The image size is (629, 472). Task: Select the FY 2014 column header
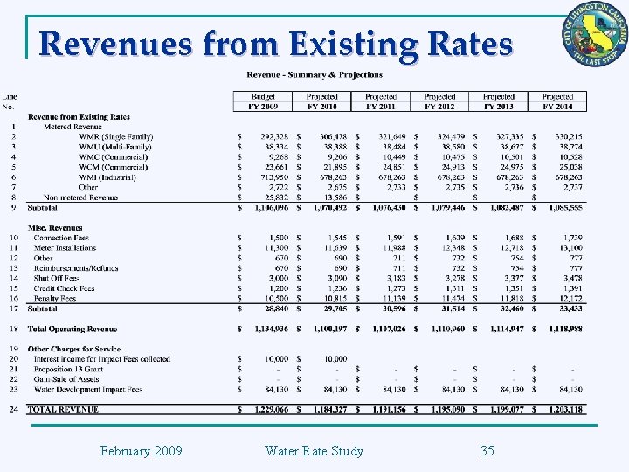[x=556, y=106]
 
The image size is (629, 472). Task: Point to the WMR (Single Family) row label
[x=115, y=137]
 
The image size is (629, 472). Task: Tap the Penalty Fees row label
[x=54, y=298]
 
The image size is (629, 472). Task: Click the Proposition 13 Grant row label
[x=68, y=369]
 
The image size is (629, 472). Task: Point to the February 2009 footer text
[x=141, y=451]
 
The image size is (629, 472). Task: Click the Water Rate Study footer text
[x=314, y=451]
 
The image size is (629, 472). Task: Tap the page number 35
[x=487, y=451]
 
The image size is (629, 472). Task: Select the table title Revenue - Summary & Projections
[x=314, y=75]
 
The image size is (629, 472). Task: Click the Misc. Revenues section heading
[x=55, y=228]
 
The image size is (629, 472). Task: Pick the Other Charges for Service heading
[x=74, y=349]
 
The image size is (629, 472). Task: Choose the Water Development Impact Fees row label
[x=88, y=390]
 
